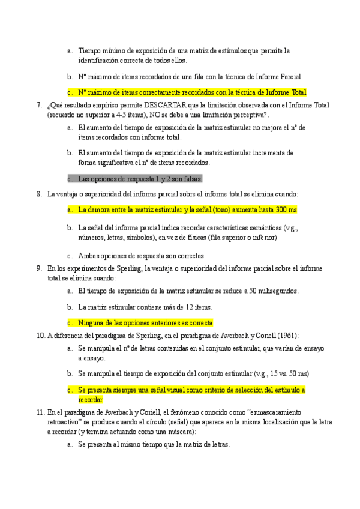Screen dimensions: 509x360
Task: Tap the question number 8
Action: [x=39, y=194]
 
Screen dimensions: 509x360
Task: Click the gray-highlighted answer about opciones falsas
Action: [x=141, y=179]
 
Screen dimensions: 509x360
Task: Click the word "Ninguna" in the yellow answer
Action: [x=93, y=322]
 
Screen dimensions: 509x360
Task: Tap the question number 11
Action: [x=40, y=412]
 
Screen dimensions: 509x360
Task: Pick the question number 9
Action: [x=39, y=268]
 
